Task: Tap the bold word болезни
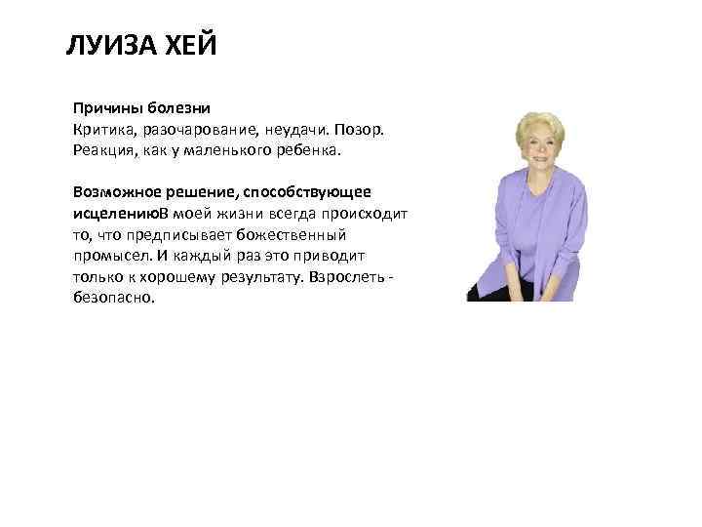(x=177, y=106)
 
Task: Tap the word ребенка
(x=304, y=151)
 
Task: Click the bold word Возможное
(x=115, y=190)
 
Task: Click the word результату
(x=256, y=277)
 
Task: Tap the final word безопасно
(x=112, y=299)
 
